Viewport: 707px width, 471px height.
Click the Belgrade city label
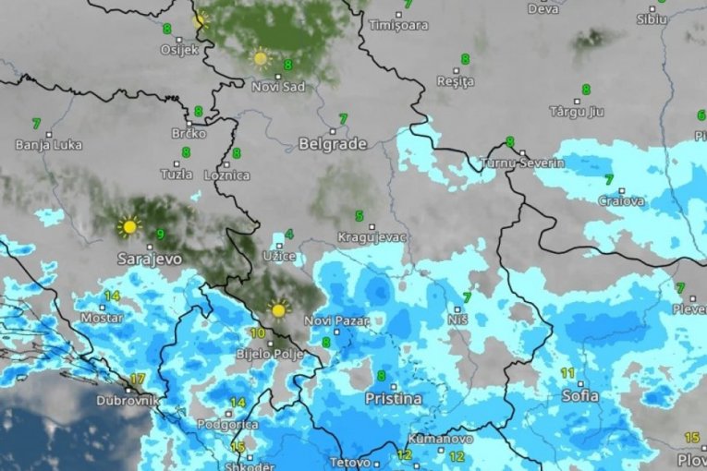coord(332,144)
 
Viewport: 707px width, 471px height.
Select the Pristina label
coord(393,399)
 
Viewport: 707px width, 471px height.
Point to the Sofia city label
coord(579,396)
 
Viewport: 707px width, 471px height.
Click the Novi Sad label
coord(276,87)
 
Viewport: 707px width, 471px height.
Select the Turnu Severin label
coord(522,163)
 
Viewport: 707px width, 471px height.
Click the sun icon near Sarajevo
coord(128,226)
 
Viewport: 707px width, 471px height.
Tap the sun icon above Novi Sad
coord(261,59)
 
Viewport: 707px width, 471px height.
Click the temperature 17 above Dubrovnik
coord(137,380)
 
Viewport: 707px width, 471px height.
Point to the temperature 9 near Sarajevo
coord(161,235)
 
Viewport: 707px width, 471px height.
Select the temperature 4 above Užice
coord(289,235)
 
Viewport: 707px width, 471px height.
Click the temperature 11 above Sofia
coord(567,373)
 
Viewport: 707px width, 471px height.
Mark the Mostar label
coord(103,318)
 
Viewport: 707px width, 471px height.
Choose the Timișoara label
coord(398,26)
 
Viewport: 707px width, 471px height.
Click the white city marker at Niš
coord(457,308)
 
